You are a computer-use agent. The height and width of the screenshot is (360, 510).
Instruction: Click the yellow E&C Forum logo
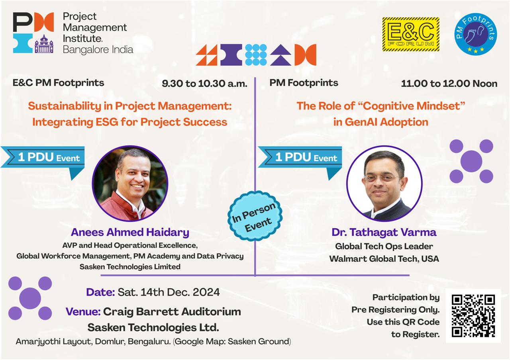click(x=411, y=34)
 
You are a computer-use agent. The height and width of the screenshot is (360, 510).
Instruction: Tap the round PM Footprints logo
click(x=476, y=34)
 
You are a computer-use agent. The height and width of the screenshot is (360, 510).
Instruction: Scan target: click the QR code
click(x=473, y=316)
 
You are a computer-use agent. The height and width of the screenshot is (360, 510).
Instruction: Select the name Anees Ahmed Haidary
click(x=130, y=232)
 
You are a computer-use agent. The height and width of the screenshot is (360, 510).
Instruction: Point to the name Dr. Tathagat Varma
click(x=384, y=232)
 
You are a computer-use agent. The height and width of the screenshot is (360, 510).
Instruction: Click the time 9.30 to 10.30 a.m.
click(x=204, y=84)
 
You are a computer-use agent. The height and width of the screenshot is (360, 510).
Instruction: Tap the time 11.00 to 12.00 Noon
click(x=449, y=84)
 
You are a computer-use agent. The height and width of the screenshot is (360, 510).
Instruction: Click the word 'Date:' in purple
click(x=100, y=292)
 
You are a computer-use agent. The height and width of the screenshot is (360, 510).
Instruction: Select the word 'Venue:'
click(x=83, y=311)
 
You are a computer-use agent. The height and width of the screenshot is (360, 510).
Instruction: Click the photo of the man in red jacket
click(x=130, y=184)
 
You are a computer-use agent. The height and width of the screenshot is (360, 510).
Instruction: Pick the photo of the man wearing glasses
click(x=384, y=184)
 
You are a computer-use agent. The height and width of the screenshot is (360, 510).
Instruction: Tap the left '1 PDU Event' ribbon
click(x=43, y=157)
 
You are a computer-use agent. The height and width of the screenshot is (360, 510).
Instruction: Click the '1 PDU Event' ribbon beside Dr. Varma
click(x=300, y=157)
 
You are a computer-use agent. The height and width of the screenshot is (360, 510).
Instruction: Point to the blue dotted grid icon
click(x=256, y=55)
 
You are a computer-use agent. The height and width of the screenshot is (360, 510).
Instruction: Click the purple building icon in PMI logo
click(x=44, y=44)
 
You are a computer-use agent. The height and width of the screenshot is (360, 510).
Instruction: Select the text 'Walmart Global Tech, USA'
click(x=384, y=259)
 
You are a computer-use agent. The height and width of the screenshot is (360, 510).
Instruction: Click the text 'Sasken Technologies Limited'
click(x=130, y=267)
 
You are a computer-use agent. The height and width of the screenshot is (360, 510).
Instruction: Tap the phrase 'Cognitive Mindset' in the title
click(x=414, y=106)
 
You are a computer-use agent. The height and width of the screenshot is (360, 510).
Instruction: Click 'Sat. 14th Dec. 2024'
click(x=169, y=292)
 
